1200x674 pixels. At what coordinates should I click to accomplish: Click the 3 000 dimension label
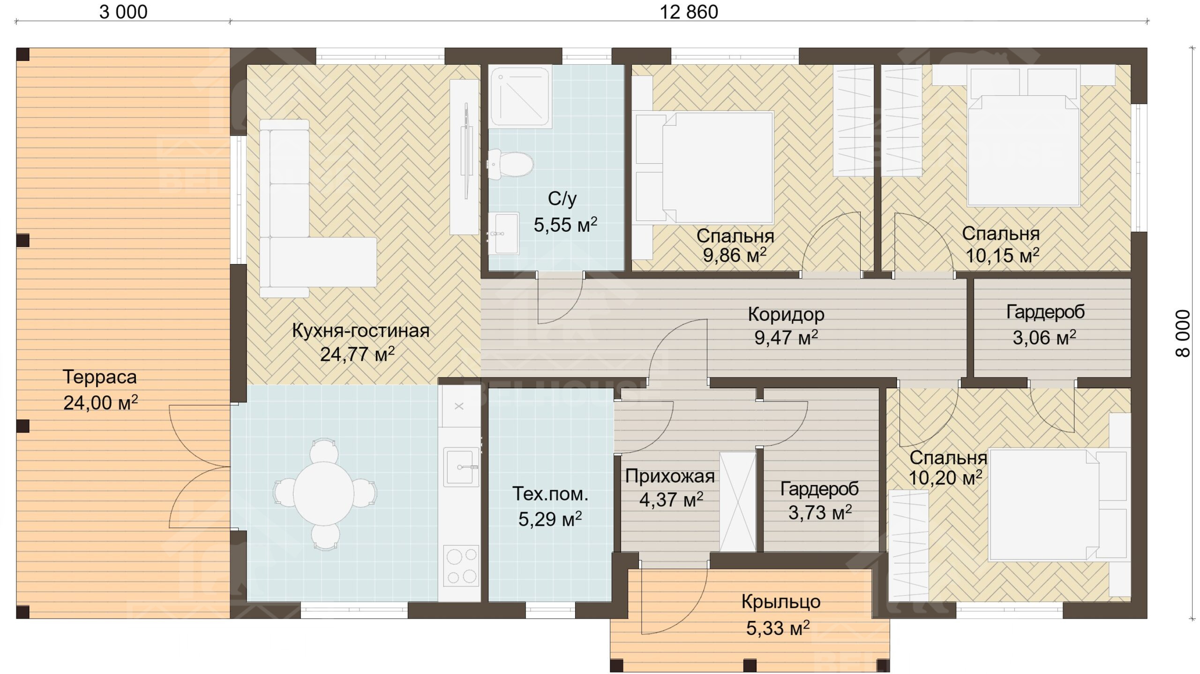click(123, 12)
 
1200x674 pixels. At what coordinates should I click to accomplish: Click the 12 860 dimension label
click(689, 12)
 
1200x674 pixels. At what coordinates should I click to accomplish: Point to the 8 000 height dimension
click(1183, 333)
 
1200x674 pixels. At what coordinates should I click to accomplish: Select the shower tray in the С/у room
click(519, 97)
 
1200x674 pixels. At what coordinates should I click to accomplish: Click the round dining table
click(323, 493)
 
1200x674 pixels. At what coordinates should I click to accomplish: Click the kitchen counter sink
click(461, 467)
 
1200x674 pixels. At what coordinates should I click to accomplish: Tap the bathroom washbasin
click(504, 233)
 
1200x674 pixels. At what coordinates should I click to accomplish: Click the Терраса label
click(99, 377)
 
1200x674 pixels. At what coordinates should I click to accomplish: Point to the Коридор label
click(786, 314)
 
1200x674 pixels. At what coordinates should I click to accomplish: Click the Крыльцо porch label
click(781, 602)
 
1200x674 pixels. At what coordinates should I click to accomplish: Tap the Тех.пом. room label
click(550, 493)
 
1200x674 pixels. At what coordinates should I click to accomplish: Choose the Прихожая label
click(670, 477)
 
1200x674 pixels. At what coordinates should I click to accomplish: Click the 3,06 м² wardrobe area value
click(1044, 337)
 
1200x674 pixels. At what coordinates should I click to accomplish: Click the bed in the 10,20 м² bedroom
click(1043, 505)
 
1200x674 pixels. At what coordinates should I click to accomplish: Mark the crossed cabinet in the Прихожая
click(738, 502)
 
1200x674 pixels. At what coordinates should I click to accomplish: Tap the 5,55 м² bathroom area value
click(565, 225)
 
